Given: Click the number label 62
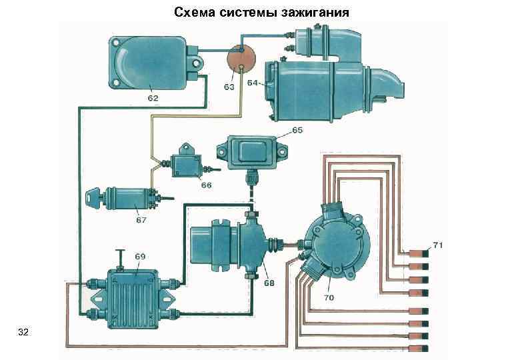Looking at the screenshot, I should click(x=153, y=97).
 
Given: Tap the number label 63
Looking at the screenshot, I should click(x=228, y=87).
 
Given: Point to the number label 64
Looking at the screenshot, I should click(x=253, y=83).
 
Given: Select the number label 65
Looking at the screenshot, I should click(x=297, y=130).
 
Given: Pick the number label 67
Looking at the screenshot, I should click(x=141, y=220).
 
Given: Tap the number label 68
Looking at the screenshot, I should click(x=269, y=282).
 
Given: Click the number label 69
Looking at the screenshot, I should click(x=140, y=256).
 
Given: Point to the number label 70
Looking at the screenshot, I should click(x=329, y=298).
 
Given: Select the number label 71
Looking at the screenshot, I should click(x=438, y=245).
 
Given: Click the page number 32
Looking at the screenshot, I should click(x=24, y=331).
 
